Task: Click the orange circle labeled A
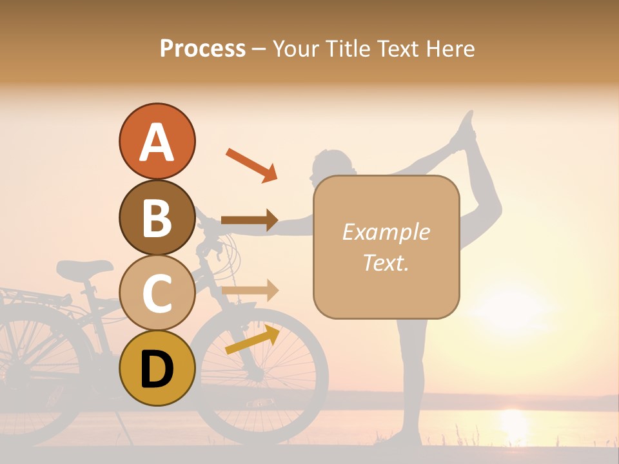click(x=157, y=142)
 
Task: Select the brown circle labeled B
click(x=157, y=217)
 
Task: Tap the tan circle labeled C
click(x=157, y=293)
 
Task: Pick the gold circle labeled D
click(x=157, y=368)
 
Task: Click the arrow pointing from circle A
click(x=251, y=165)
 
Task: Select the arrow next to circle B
click(x=250, y=220)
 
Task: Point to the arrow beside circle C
click(x=250, y=291)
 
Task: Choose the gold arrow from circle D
click(x=252, y=340)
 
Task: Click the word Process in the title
click(x=202, y=48)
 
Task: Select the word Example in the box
click(x=386, y=232)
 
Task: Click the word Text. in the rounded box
click(x=386, y=262)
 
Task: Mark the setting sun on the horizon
click(x=514, y=422)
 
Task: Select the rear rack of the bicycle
click(x=26, y=296)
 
